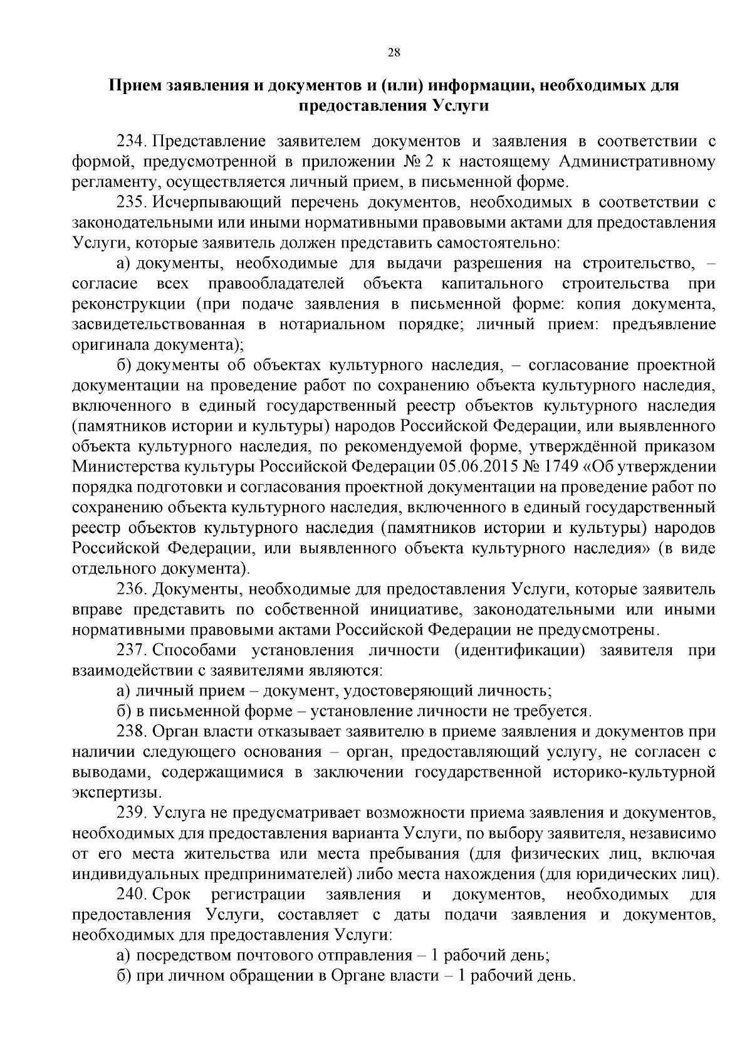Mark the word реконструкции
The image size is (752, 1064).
coord(128,304)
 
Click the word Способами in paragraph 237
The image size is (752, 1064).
coord(193,650)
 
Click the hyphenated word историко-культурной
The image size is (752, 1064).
coord(634,772)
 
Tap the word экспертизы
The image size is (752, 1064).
coord(113,792)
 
